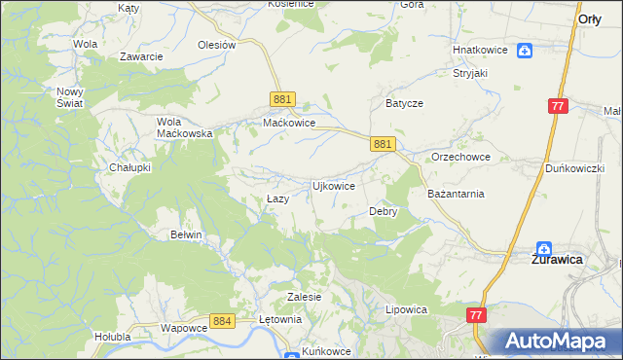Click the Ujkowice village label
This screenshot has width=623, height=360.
[x=332, y=185]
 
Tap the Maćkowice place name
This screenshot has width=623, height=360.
[x=289, y=124]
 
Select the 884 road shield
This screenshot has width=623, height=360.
[x=222, y=320]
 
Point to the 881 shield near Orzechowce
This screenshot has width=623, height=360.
[x=384, y=143]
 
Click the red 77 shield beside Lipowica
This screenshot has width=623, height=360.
[x=476, y=315]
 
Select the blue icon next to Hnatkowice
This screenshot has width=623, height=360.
[x=525, y=51]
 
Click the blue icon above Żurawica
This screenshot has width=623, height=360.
[x=544, y=248]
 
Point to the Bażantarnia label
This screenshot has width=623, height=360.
[x=456, y=194]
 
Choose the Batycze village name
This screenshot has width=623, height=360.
[x=403, y=102]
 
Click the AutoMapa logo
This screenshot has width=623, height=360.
[x=556, y=341]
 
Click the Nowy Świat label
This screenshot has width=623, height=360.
[x=71, y=96]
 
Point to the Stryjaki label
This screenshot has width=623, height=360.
[x=469, y=72]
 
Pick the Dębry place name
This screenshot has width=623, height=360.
[x=384, y=211]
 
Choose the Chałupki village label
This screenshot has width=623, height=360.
[x=129, y=167]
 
